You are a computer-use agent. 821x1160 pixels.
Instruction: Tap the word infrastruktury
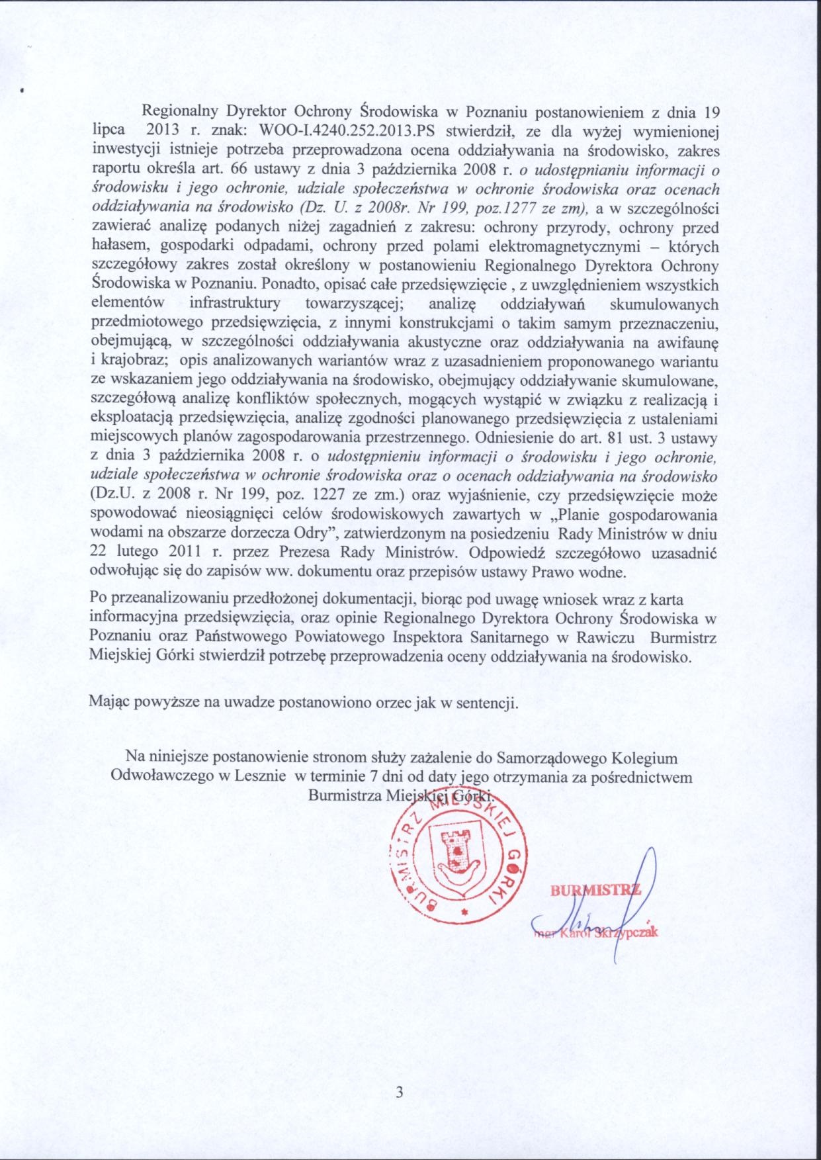(x=234, y=304)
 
